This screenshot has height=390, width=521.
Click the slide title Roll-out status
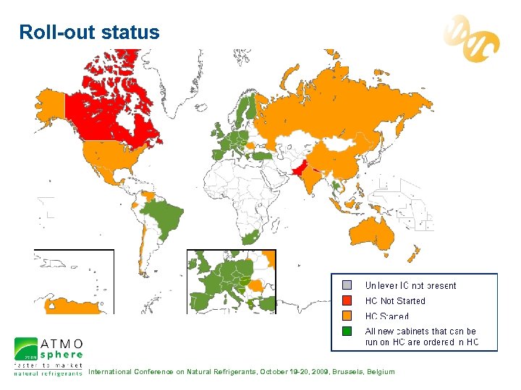tap(89, 32)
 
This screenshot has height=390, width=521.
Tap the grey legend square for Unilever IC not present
tap(347, 285)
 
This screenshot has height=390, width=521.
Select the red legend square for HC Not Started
tap(347, 300)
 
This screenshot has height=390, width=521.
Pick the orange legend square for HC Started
tap(347, 316)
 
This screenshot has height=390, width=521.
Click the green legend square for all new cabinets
tap(347, 331)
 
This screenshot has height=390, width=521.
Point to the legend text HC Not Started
tap(395, 301)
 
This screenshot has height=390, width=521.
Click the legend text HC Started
tap(386, 316)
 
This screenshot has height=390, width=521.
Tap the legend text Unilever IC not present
tap(410, 285)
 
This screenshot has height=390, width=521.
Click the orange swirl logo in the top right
tap(471, 39)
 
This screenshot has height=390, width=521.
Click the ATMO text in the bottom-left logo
tap(61, 343)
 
